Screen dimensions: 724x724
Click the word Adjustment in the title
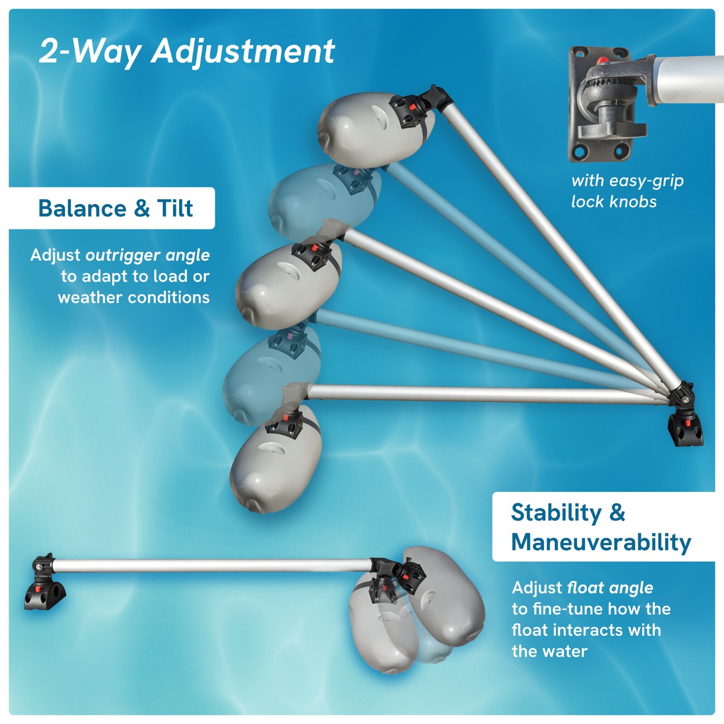coord(243,51)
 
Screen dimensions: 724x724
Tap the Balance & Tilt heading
coord(115,208)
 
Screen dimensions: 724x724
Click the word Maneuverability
coord(601,542)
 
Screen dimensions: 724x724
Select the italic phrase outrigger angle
coord(148,255)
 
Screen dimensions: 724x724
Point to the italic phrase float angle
coord(610,588)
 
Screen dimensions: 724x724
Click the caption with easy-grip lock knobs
coord(627,191)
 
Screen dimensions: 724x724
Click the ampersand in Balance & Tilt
coord(142,208)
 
